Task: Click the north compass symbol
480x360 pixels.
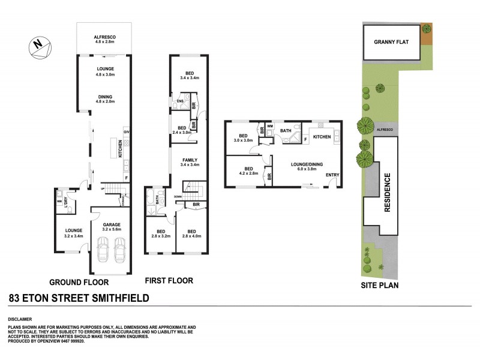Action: coord(38,46)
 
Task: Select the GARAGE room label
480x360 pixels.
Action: coord(112,225)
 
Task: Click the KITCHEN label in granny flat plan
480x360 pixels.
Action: coord(322,137)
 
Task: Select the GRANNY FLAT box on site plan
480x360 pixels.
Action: coord(391,43)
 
